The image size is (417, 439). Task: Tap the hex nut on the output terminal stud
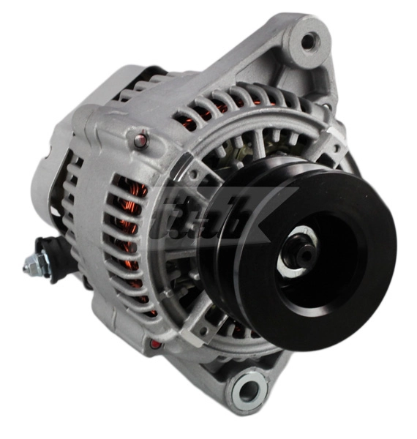click(x=33, y=263)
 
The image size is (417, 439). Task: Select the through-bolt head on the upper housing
click(x=141, y=136)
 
